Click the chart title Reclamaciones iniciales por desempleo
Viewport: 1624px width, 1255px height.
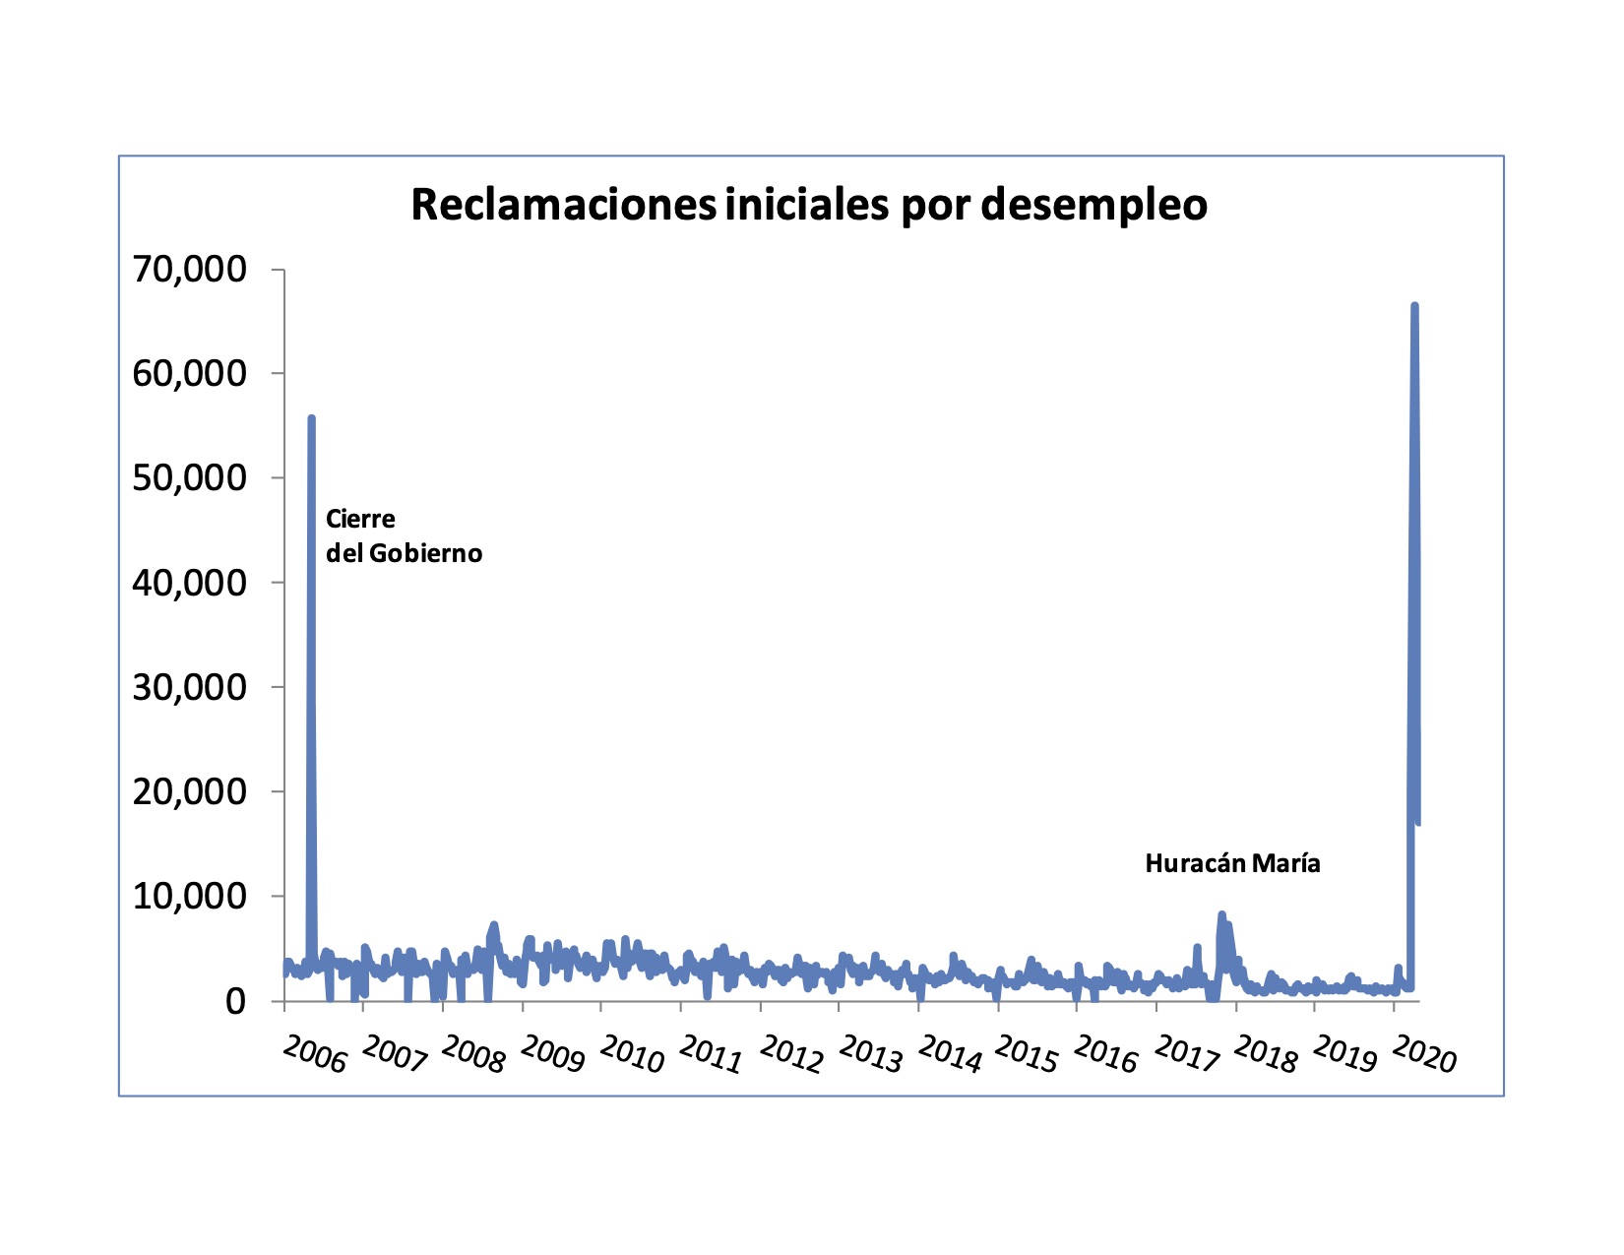[x=809, y=205]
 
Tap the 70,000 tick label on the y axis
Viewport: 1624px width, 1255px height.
[x=189, y=269]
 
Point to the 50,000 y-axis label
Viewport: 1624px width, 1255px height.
[x=189, y=477]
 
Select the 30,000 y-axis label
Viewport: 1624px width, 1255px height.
[x=189, y=687]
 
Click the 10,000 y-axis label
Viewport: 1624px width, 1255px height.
[x=189, y=896]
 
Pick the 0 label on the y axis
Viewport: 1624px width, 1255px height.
[x=235, y=1001]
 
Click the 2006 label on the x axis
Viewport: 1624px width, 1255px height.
[x=315, y=1054]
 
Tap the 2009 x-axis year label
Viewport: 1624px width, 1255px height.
[x=552, y=1054]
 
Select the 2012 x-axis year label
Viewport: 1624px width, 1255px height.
[x=790, y=1054]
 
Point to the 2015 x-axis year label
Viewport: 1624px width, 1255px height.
[x=1027, y=1054]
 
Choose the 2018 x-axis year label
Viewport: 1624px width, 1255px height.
[x=1265, y=1054]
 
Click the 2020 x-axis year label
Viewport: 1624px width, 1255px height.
[x=1424, y=1054]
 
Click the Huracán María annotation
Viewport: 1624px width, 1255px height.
[x=1232, y=864]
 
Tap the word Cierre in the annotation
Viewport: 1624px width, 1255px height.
[x=360, y=518]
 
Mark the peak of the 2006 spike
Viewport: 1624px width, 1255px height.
[x=311, y=417]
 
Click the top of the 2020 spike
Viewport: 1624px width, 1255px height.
[x=1414, y=305]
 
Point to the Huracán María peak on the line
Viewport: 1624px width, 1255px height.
[x=1221, y=914]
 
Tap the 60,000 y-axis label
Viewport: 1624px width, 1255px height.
[x=189, y=373]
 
